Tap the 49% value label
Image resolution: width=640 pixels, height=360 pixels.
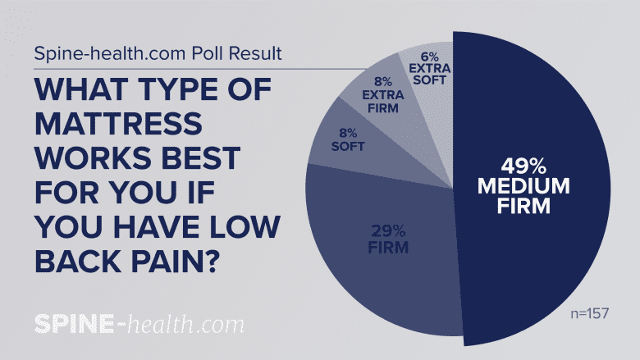coord(525,164)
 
